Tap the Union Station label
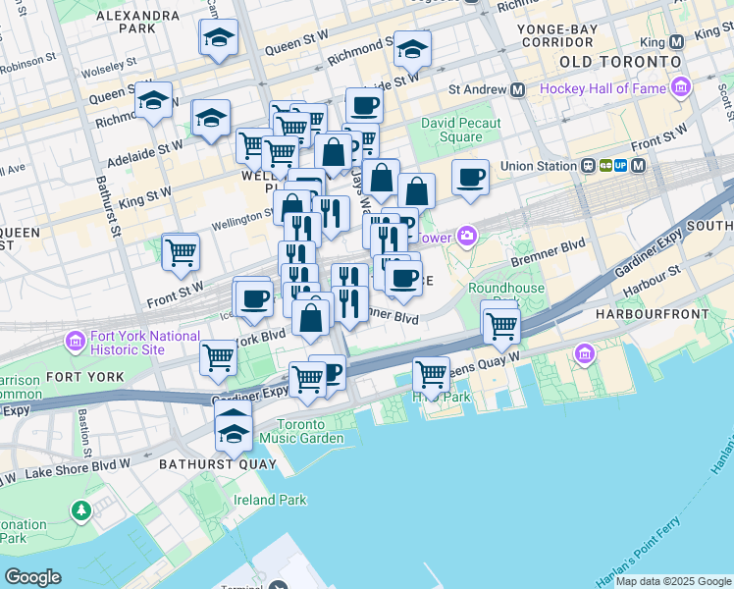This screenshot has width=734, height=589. coord(538,166)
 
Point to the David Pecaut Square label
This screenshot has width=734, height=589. coord(461,131)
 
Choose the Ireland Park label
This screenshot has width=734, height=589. coord(270,500)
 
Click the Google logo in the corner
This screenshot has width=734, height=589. coord(32,577)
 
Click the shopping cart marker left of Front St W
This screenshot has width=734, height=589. coord(181,252)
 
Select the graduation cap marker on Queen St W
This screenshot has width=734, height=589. coord(219,38)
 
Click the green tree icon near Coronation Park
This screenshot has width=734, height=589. coord(80,510)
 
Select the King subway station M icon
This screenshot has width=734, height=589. coord(675,43)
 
